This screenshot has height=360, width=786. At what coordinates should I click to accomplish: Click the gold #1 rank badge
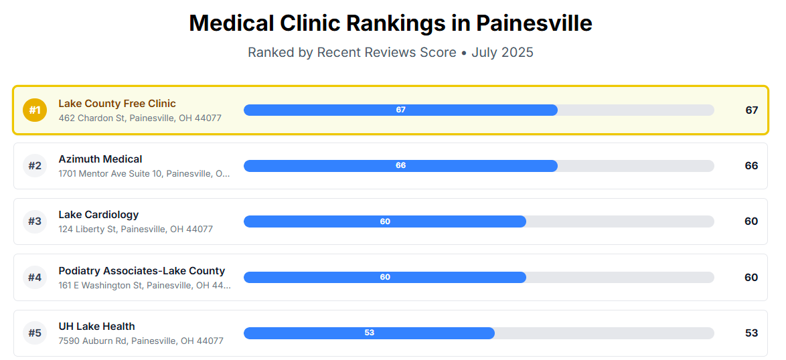click(x=35, y=110)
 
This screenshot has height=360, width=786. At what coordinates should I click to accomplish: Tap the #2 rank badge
click(x=35, y=166)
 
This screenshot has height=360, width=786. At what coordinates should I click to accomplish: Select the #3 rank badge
click(x=35, y=221)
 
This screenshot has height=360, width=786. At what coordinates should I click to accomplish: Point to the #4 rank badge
click(x=35, y=277)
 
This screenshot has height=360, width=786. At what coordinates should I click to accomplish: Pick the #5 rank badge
click(x=35, y=333)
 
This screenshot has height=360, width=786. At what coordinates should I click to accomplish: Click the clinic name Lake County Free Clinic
click(x=117, y=104)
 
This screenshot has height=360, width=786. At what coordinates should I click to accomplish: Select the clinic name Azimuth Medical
click(x=100, y=159)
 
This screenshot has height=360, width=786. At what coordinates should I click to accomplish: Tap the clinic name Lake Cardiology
click(x=98, y=215)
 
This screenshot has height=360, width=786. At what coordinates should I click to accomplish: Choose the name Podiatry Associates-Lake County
click(x=142, y=271)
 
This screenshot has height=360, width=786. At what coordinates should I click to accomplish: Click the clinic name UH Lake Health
click(x=96, y=327)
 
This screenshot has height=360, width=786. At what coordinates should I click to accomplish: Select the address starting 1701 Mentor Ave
click(x=145, y=174)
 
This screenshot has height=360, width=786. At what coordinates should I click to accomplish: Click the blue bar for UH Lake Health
click(x=369, y=333)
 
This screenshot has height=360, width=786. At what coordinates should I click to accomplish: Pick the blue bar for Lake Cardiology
click(x=385, y=221)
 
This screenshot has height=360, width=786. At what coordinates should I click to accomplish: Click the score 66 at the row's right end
click(x=751, y=166)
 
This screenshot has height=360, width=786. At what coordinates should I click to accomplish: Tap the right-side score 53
click(x=751, y=333)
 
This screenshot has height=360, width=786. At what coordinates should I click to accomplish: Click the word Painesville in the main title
click(x=534, y=23)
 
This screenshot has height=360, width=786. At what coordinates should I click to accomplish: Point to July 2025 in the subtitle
click(x=502, y=52)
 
